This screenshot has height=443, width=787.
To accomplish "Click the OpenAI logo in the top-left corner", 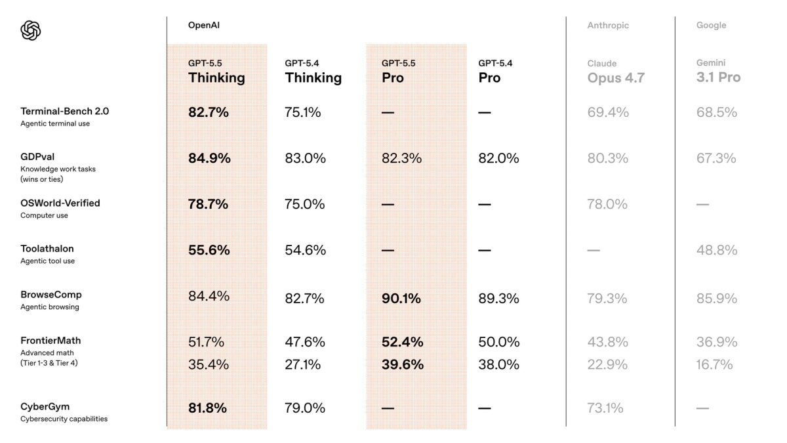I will (31, 30).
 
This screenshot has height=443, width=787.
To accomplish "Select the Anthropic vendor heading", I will (607, 25).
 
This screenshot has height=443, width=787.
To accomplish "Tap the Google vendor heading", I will (711, 25).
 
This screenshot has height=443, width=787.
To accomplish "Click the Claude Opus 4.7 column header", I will (615, 72).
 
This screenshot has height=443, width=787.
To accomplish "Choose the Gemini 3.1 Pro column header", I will (718, 72).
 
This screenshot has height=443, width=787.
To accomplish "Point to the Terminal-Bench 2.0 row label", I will (64, 112).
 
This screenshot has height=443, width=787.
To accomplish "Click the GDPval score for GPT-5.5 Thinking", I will (209, 158).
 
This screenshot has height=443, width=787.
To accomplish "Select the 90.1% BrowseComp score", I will (402, 299).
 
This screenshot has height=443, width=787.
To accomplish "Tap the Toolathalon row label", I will (47, 249).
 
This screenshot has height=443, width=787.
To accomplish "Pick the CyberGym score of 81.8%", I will (207, 408).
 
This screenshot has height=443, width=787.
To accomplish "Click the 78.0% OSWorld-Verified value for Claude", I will (607, 204).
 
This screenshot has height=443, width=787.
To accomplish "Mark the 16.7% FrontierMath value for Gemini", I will (714, 364).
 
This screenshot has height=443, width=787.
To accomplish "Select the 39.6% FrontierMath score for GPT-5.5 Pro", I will (402, 364).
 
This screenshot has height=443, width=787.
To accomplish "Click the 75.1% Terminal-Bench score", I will (303, 112).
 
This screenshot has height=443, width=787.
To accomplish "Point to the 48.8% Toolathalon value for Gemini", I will (716, 250).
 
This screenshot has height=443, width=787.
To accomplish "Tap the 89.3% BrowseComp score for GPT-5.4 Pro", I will (498, 299).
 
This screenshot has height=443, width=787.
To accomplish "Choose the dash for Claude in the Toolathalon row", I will (594, 250).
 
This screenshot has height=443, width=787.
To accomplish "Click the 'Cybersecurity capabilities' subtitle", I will (64, 419).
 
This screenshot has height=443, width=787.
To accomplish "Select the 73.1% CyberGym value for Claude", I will (605, 408).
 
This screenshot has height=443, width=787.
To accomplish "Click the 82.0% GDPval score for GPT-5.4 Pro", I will (498, 158).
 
